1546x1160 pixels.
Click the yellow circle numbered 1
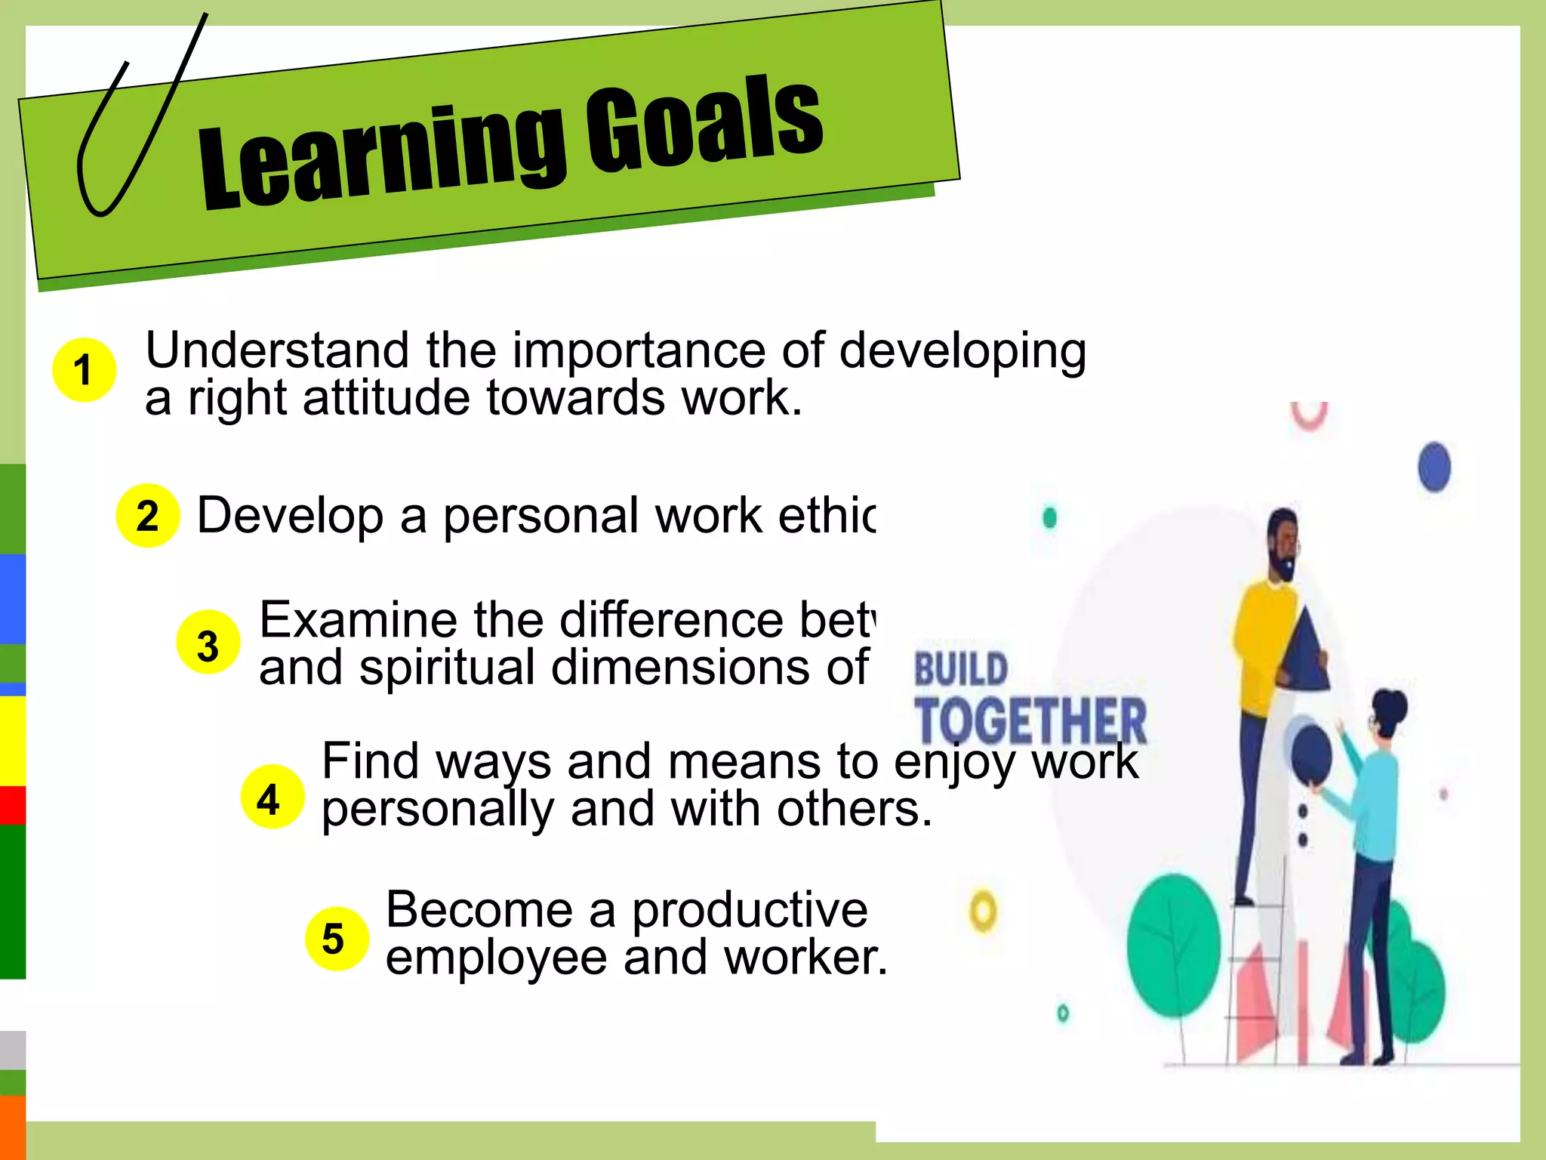coord(84,370)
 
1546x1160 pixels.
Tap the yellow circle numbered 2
coord(148,516)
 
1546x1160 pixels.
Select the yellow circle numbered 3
coord(208,643)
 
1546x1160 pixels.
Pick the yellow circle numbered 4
coord(273,797)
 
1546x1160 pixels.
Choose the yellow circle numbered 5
coord(337,938)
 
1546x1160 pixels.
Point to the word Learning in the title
coord(381,155)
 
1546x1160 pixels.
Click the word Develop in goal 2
coord(290,516)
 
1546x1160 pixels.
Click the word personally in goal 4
coord(439,810)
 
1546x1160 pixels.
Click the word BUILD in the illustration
coord(961,669)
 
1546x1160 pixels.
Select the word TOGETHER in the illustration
coord(1030,720)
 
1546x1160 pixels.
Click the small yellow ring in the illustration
coord(983,912)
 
